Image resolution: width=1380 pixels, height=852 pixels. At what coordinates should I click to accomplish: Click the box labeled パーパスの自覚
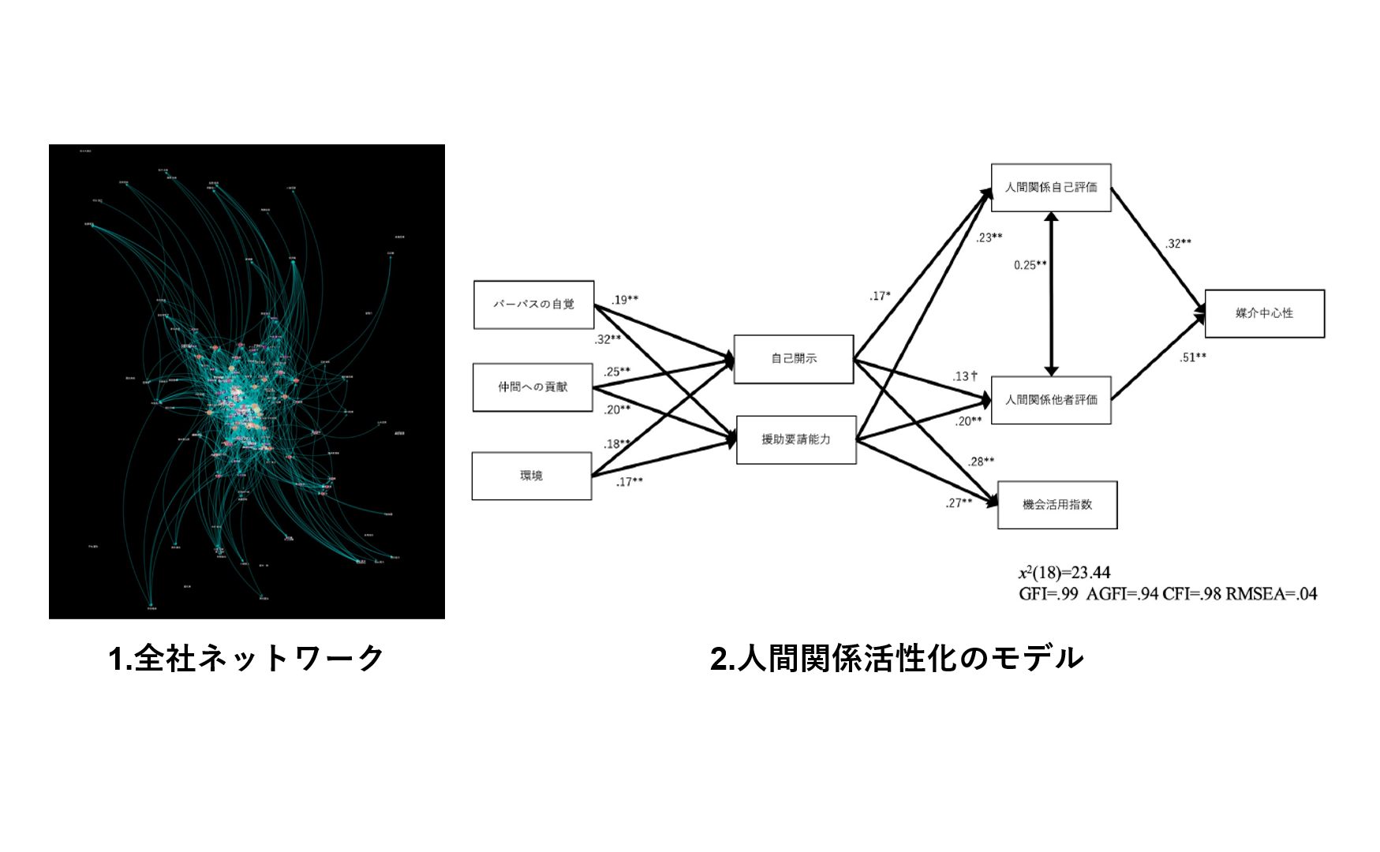533,305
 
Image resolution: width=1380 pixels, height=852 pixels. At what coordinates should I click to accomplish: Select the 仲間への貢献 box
533,387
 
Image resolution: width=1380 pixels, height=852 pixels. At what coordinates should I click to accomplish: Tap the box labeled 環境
532,476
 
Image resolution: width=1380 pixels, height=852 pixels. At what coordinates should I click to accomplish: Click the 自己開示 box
794,359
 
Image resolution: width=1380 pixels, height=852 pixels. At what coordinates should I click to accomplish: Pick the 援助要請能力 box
796,439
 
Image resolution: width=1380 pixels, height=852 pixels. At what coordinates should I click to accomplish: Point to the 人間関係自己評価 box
1051,188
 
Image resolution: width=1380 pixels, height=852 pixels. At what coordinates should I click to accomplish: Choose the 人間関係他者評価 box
1051,400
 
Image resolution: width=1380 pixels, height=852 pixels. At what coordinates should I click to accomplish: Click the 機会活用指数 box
1057,505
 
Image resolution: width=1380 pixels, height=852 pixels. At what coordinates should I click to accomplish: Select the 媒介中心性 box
1264,313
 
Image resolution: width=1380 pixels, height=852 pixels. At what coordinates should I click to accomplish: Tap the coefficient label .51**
1193,357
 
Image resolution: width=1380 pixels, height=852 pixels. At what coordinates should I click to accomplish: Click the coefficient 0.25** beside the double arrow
1030,265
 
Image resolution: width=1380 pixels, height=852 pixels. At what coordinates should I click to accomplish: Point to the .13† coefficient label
965,376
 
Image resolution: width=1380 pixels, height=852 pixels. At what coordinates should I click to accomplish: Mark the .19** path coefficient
625,300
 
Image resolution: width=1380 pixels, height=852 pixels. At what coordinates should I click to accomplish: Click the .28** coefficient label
982,461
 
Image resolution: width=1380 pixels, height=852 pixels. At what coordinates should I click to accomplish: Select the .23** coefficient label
989,237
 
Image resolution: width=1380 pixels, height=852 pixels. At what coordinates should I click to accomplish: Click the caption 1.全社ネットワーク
246,659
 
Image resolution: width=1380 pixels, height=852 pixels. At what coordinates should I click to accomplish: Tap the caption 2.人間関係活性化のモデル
896,659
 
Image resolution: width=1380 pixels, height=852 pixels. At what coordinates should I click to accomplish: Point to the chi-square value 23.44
1090,573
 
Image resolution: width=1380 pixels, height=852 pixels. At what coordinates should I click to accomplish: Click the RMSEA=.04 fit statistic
1271,594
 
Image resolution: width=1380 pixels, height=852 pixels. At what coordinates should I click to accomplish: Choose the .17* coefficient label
880,297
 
